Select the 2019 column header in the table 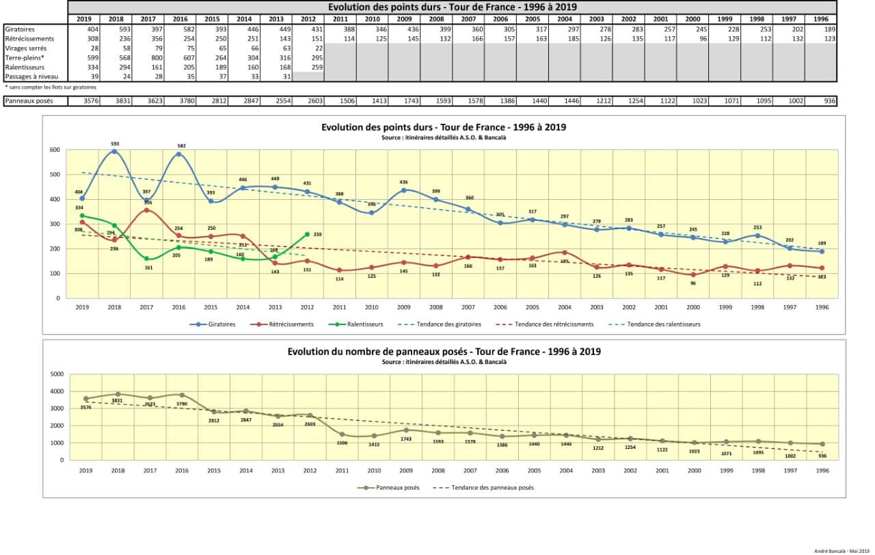84,19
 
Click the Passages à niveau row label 28,77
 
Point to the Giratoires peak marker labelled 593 115,151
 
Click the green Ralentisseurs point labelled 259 307,234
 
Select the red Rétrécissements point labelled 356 147,210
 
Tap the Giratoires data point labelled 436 405,190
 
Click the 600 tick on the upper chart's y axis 53,150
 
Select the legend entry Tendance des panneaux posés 486,488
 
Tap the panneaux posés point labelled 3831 118,394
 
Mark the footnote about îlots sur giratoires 51,88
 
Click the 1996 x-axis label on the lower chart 822,470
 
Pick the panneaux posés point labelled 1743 407,430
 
